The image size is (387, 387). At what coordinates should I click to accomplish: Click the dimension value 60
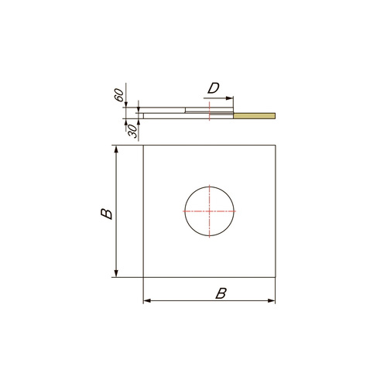pyautogui.click(x=119, y=95)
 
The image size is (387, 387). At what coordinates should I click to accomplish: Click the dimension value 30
pyautogui.click(x=132, y=131)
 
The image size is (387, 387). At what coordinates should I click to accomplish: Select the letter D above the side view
pyautogui.click(x=214, y=88)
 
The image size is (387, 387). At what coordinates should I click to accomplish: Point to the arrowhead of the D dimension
pyautogui.click(x=229, y=98)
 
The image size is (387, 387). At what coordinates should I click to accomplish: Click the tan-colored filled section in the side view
pyautogui.click(x=255, y=116)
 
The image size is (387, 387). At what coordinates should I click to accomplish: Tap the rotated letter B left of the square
pyautogui.click(x=106, y=214)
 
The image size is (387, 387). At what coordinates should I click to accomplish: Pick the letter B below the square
pyautogui.click(x=221, y=293)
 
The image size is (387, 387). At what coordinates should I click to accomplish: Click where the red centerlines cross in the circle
pyautogui.click(x=210, y=211)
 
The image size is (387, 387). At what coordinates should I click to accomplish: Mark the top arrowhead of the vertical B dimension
pyautogui.click(x=116, y=149)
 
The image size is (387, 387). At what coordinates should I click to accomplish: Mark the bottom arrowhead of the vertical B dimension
pyautogui.click(x=116, y=273)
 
